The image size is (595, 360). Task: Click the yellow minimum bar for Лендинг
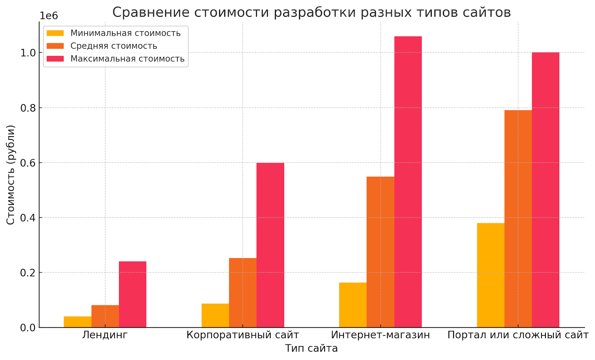(x=77, y=322)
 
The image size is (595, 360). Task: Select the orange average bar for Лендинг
(x=105, y=316)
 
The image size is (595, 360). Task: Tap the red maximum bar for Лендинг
(x=132, y=294)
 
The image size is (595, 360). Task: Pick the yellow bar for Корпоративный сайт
(x=215, y=315)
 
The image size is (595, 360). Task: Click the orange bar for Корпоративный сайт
(x=242, y=293)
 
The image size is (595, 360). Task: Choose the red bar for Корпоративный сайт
(x=270, y=245)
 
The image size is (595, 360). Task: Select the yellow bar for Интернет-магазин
(x=353, y=305)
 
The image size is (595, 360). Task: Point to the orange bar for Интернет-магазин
(x=380, y=252)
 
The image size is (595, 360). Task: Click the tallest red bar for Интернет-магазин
(x=408, y=182)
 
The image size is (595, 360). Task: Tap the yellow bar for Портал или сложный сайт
(x=491, y=275)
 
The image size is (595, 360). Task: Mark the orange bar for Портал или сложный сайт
(x=518, y=219)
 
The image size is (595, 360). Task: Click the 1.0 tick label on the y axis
(x=28, y=53)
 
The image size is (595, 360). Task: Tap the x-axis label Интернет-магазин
(x=380, y=335)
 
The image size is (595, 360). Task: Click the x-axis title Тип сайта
(x=311, y=348)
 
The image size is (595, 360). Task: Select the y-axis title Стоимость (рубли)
(x=10, y=174)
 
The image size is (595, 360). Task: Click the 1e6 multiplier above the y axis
(x=49, y=16)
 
